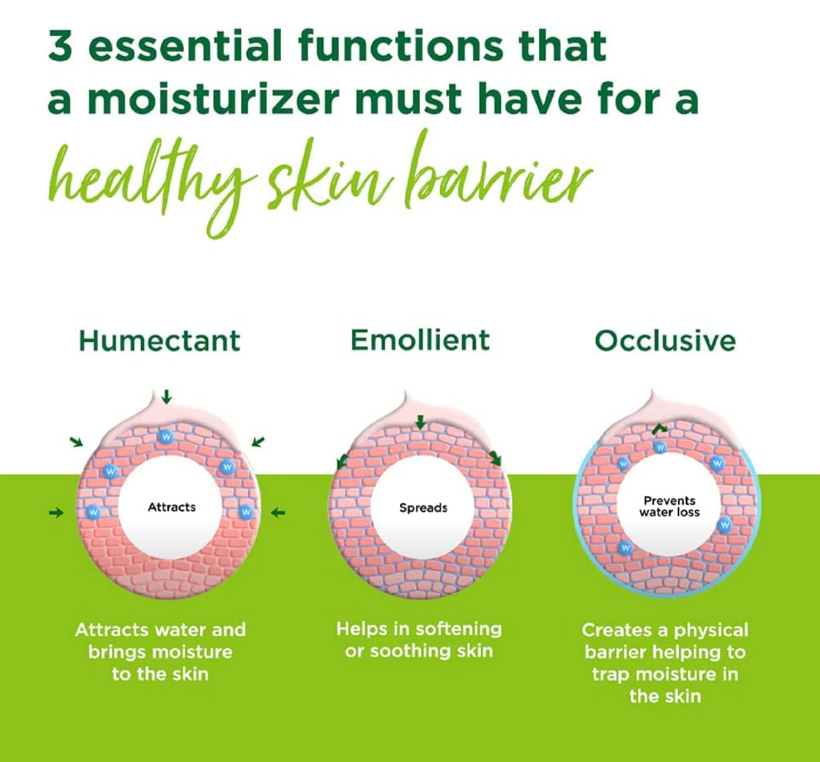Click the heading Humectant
pos(160,341)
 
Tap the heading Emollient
pos(420,340)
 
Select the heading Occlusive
pos(665,341)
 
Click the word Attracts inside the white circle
pos(172,507)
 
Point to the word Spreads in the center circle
pos(423,508)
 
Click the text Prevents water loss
pos(669,507)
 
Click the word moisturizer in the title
pos(214,99)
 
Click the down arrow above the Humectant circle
pos(167,397)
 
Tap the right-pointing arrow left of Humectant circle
pos(56,513)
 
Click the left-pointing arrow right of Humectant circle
pos(278,513)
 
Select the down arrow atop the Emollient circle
pos(420,422)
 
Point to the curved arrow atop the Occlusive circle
pos(659,429)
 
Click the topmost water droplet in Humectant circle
pos(167,436)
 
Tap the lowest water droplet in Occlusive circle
pos(625,548)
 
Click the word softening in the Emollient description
pos(459,629)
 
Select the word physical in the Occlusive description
pos(711,630)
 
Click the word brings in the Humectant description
pos(117,653)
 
